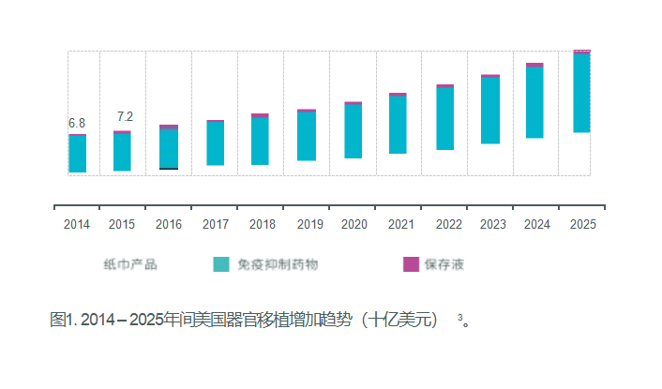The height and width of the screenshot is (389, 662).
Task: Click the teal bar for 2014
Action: click(77, 154)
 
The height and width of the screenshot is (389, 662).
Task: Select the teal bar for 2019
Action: click(307, 136)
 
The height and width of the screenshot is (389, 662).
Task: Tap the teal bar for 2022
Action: click(444, 118)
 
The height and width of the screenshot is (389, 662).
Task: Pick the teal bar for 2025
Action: click(581, 93)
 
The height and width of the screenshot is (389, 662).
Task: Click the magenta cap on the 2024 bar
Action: click(534, 65)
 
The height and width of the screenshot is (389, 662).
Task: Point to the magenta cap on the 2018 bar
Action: click(260, 115)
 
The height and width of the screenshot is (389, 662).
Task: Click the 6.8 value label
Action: click(77, 123)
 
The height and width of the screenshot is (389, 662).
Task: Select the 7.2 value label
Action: click(125, 116)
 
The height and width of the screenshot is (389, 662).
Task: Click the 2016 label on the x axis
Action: click(169, 225)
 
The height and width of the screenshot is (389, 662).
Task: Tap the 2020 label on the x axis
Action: click(354, 225)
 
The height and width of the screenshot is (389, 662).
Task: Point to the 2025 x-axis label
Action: click(583, 225)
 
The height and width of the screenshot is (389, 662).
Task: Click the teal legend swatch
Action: click(221, 264)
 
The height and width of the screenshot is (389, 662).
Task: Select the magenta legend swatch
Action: click(411, 264)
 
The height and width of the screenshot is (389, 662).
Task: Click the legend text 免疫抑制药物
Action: click(278, 264)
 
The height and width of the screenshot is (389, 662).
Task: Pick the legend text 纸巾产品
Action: click(130, 264)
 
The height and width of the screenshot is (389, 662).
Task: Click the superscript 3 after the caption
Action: click(460, 317)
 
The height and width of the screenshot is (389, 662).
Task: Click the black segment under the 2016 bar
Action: click(169, 169)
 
